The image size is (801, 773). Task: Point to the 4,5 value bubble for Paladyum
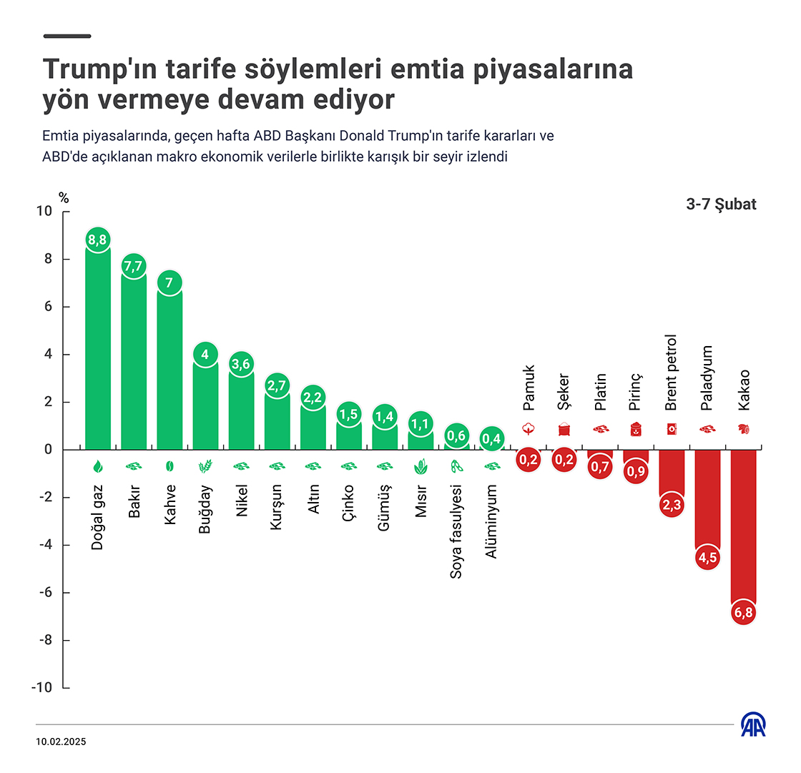[707, 558]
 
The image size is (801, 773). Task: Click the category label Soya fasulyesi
[456, 531]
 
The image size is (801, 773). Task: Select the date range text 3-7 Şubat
[721, 205]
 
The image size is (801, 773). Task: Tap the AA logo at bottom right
[753, 725]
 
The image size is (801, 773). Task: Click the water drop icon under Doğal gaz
[98, 466]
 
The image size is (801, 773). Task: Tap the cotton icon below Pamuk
[529, 430]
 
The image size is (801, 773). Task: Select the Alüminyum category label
[491, 521]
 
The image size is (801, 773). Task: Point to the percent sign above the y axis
[63, 199]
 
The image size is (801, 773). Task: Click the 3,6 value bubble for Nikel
[241, 364]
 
